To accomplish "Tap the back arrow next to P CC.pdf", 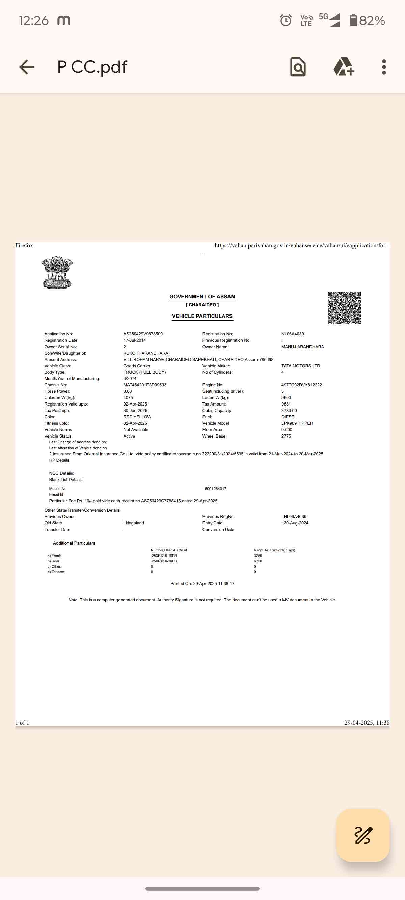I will click(x=27, y=67).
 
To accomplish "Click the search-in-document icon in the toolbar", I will click(x=298, y=67).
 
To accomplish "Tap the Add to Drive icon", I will click(x=344, y=67).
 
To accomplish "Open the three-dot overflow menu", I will click(x=384, y=67).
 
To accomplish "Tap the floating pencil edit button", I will click(x=363, y=835).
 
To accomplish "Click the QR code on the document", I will click(x=344, y=308).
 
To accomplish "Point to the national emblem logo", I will click(x=57, y=272).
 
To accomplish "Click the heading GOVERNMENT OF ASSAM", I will click(x=202, y=297).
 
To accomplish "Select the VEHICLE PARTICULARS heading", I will click(x=202, y=316).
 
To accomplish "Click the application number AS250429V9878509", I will click(x=143, y=334).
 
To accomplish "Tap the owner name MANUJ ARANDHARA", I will click(x=302, y=347).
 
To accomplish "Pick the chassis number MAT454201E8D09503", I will click(x=145, y=385).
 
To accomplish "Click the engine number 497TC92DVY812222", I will click(x=301, y=385).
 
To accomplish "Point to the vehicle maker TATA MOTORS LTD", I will click(x=300, y=366).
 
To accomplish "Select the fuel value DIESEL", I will click(x=289, y=417).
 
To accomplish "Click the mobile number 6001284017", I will click(x=215, y=489).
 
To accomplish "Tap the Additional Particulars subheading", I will click(x=74, y=543).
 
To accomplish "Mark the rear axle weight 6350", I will click(x=258, y=561).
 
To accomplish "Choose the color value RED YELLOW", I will click(x=137, y=417).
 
